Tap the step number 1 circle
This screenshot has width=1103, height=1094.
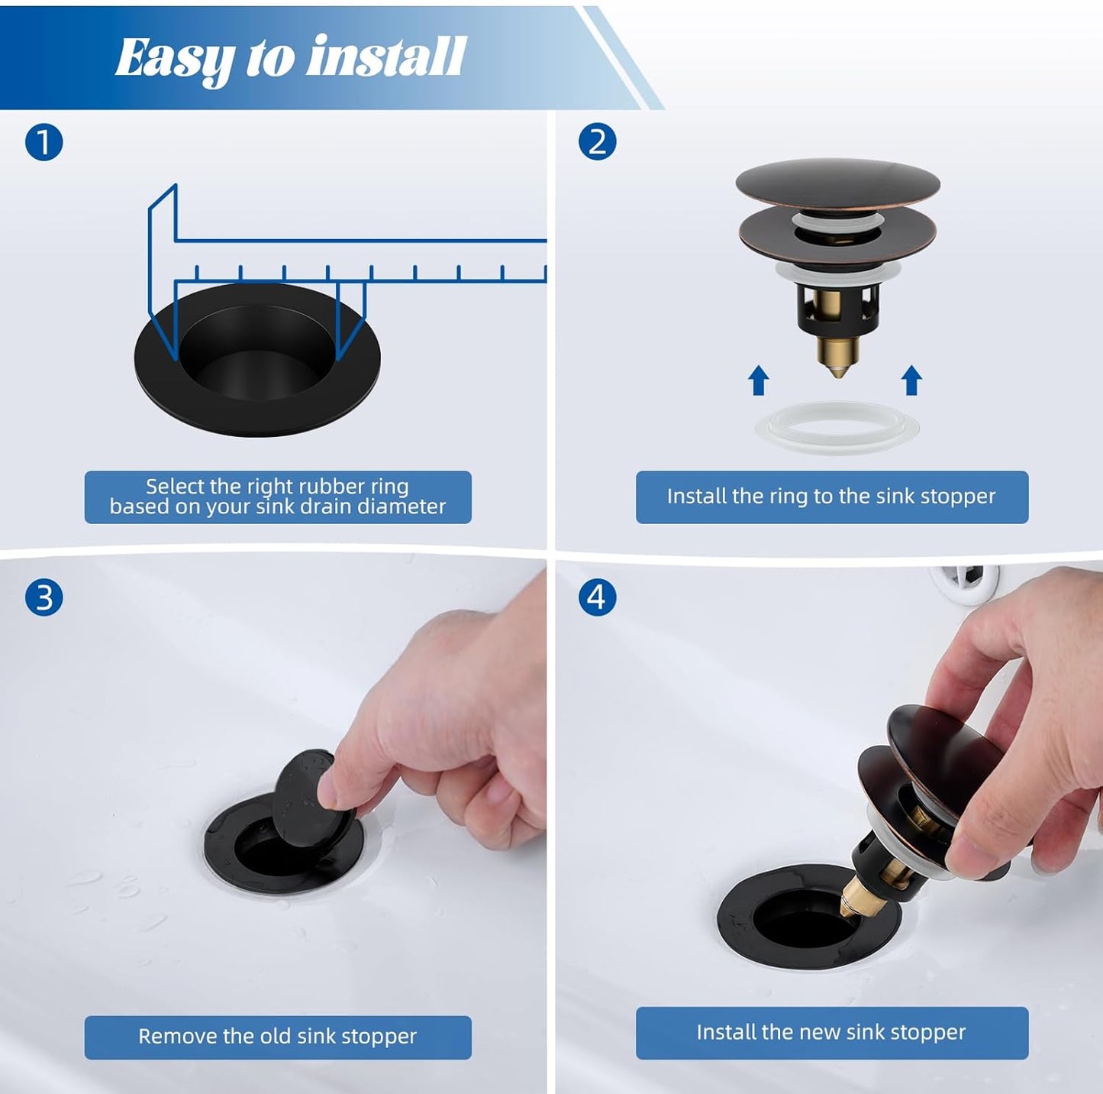tap(44, 143)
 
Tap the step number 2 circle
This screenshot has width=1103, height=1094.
tap(597, 143)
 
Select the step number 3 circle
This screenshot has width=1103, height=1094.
tap(44, 597)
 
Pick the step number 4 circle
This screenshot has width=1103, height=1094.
tap(597, 597)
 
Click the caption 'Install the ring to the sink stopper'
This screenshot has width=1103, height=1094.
tap(831, 497)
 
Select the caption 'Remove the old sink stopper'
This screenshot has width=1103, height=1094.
tap(277, 1037)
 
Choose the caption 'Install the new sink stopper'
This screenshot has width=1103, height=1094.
tap(831, 1033)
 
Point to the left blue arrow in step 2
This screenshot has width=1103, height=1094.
tap(758, 380)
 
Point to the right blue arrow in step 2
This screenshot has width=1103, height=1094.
tap(911, 380)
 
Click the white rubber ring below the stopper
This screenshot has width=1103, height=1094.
tap(837, 428)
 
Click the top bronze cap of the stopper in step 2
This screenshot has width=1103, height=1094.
tap(837, 183)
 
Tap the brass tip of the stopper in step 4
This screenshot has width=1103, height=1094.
tap(853, 898)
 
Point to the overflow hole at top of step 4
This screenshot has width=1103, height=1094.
tap(966, 582)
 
